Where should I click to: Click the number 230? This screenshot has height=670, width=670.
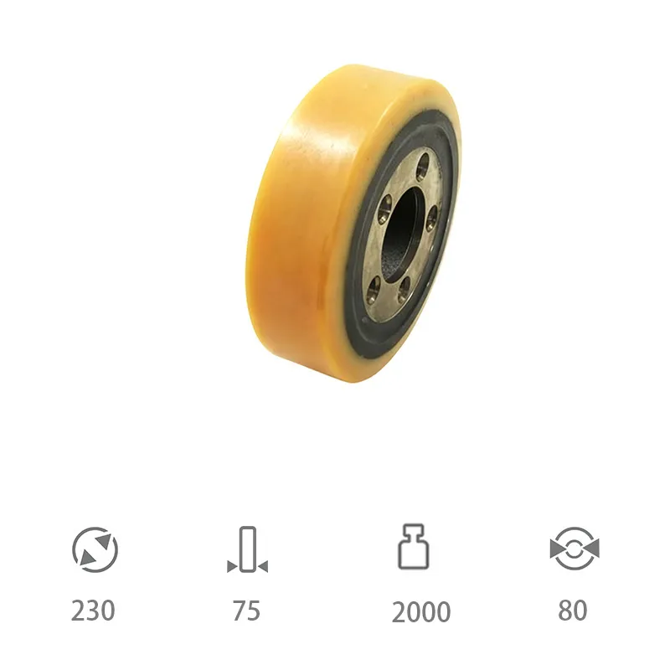pyautogui.click(x=93, y=611)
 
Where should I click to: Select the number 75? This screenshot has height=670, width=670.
pyautogui.click(x=246, y=611)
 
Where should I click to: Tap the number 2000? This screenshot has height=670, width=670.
pyautogui.click(x=420, y=611)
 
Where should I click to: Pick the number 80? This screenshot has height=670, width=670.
pyautogui.click(x=573, y=611)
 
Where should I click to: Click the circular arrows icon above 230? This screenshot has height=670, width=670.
pyautogui.click(x=95, y=550)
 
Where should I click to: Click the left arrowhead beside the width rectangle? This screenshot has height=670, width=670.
pyautogui.click(x=232, y=567)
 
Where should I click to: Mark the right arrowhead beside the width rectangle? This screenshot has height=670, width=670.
pyautogui.click(x=262, y=567)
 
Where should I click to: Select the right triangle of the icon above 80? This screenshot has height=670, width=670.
pyautogui.click(x=591, y=549)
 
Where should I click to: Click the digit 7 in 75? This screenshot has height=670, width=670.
pyautogui.click(x=239, y=611)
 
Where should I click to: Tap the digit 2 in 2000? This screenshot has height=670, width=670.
pyautogui.click(x=399, y=611)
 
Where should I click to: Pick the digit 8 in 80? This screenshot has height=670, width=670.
pyautogui.click(x=565, y=611)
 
